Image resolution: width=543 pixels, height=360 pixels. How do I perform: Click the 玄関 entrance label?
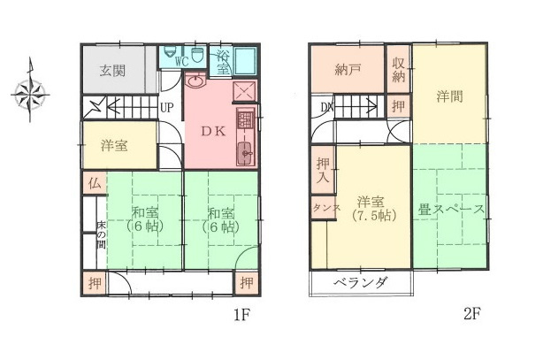(x=111, y=72)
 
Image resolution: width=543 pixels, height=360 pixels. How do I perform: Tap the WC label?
(x=181, y=62)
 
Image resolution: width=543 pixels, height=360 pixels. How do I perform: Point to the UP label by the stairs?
(x=166, y=108)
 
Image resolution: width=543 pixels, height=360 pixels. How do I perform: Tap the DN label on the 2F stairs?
(x=326, y=108)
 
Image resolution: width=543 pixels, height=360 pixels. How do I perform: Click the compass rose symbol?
(x=32, y=89)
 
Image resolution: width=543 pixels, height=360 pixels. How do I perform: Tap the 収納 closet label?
(x=400, y=69)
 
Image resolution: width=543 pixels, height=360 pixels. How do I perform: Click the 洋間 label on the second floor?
(x=449, y=96)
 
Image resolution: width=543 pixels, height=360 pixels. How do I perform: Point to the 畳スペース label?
(x=450, y=210)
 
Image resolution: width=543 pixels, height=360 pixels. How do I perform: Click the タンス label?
(x=319, y=209)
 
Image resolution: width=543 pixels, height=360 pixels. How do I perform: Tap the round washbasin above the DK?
(x=196, y=86)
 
